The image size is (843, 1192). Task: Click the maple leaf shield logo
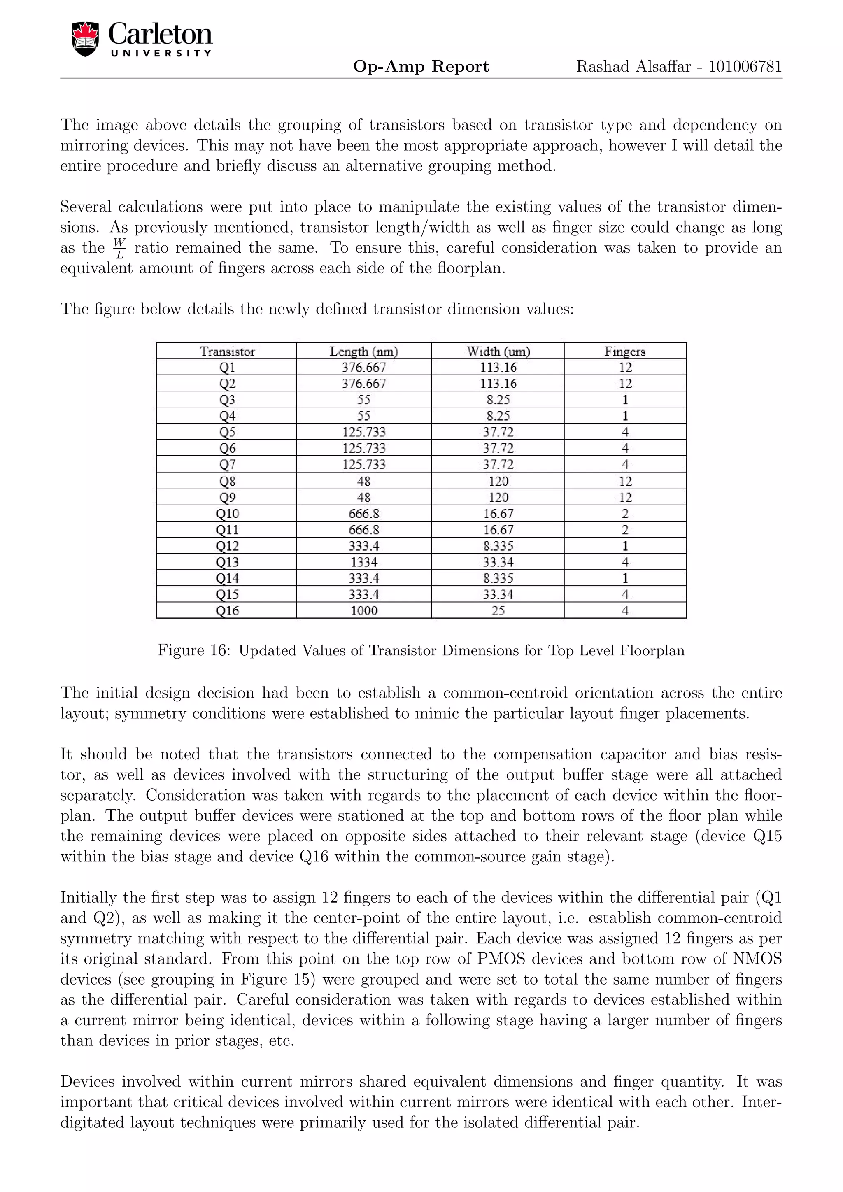click(85, 40)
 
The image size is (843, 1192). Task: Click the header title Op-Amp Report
click(421, 66)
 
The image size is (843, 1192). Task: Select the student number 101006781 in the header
click(745, 66)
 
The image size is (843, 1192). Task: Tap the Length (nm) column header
click(363, 352)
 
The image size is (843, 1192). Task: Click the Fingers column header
click(624, 352)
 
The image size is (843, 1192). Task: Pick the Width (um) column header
click(498, 352)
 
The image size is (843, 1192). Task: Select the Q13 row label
click(227, 562)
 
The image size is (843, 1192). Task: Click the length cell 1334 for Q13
click(363, 562)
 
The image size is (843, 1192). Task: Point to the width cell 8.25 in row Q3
click(498, 400)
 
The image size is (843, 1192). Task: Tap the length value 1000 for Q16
click(363, 610)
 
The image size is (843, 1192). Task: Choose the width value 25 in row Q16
click(498, 610)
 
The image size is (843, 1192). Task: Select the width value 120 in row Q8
click(498, 481)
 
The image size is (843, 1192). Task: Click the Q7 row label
click(227, 464)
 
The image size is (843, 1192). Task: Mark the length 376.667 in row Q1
click(363, 368)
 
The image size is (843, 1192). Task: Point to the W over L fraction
click(119, 248)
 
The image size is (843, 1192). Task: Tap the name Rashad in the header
click(603, 66)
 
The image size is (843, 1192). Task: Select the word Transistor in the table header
click(227, 352)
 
